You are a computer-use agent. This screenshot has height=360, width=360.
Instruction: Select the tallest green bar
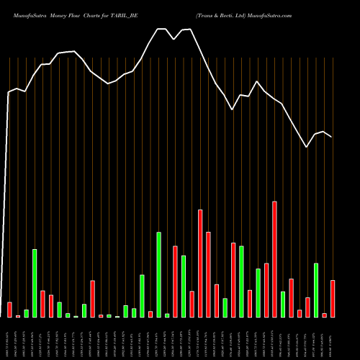click(x=158, y=274)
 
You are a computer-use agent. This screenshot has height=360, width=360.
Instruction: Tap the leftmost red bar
click(x=9, y=310)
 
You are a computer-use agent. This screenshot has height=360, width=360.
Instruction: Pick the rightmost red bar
click(x=333, y=299)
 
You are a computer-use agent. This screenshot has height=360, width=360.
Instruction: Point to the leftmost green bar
click(x=26, y=313)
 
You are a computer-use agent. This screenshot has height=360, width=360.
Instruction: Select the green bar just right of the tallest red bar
click(x=283, y=305)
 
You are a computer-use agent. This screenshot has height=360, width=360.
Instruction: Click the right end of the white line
click(x=332, y=137)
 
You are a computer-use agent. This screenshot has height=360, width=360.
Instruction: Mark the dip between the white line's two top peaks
click(x=175, y=40)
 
